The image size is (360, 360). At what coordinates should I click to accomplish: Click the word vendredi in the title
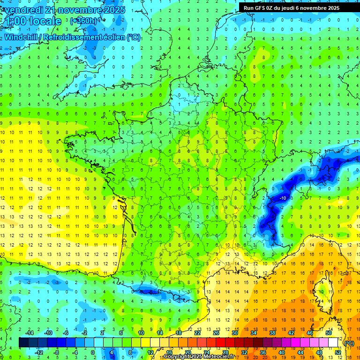click(x=22, y=10)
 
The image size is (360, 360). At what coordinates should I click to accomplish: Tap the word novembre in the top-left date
click(x=90, y=10)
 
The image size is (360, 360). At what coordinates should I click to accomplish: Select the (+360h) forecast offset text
click(x=83, y=21)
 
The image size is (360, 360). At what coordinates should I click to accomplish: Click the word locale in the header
click(x=45, y=21)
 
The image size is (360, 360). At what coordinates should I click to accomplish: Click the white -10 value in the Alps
click(x=283, y=198)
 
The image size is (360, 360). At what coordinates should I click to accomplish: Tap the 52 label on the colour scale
click(x=338, y=352)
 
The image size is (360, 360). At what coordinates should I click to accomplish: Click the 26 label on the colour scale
click(x=216, y=332)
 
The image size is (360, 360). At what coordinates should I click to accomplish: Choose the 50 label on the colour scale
click(x=328, y=332)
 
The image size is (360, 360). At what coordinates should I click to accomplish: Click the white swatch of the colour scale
click(x=333, y=342)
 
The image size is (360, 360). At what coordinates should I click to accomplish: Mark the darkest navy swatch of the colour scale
click(x=23, y=342)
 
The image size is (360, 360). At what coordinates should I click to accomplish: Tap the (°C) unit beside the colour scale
click(x=349, y=343)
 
